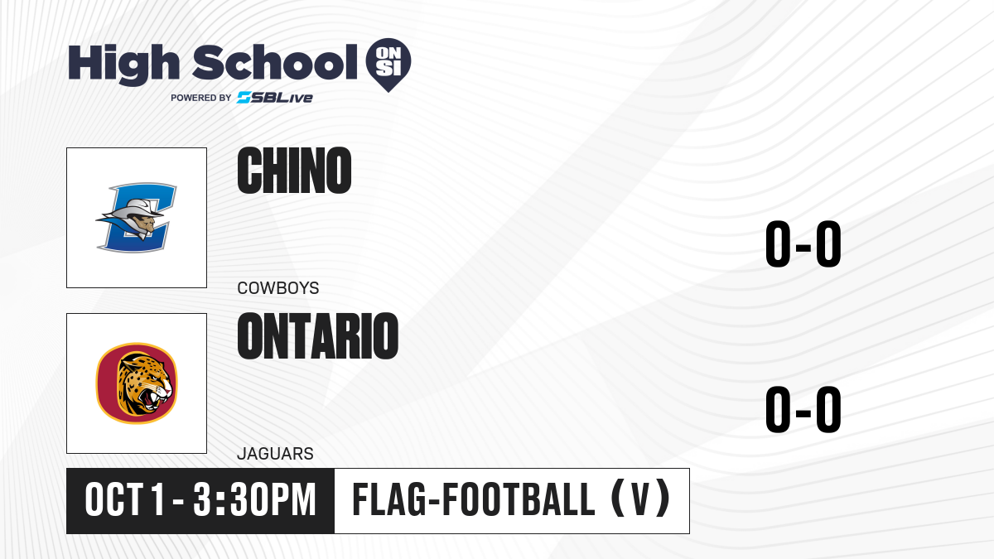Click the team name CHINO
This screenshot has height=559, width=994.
click(294, 171)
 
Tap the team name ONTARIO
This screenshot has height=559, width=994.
click(318, 336)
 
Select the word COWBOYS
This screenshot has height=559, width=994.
click(278, 288)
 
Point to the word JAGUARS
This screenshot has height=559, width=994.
click(275, 454)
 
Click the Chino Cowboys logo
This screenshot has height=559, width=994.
click(136, 217)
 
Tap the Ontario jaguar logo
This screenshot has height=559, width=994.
click(137, 383)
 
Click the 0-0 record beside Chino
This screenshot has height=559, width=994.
click(803, 243)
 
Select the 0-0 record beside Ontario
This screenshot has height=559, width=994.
click(803, 409)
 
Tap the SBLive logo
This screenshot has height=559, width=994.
click(275, 98)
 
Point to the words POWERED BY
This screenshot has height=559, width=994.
click(201, 98)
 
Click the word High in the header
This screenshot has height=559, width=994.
click(123, 65)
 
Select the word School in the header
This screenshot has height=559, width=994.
click(275, 62)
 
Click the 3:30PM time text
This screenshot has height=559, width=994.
click(254, 500)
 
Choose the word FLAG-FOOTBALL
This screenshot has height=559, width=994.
click(473, 500)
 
